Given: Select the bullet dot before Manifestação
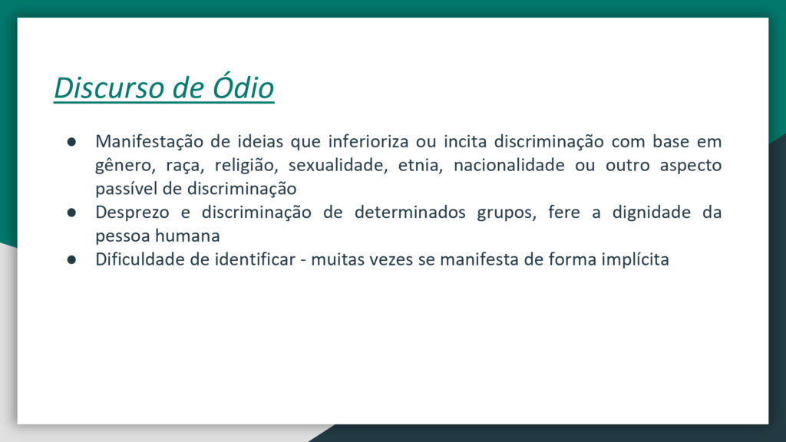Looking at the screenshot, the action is click(71, 142).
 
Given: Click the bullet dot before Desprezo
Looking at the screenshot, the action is click(71, 213).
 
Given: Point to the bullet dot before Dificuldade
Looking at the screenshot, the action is click(71, 260).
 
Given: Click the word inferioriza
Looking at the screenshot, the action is click(368, 141).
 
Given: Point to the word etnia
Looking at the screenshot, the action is click(421, 165).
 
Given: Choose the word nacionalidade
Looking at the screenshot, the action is click(509, 165).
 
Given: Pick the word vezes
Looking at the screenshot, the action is click(391, 260).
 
